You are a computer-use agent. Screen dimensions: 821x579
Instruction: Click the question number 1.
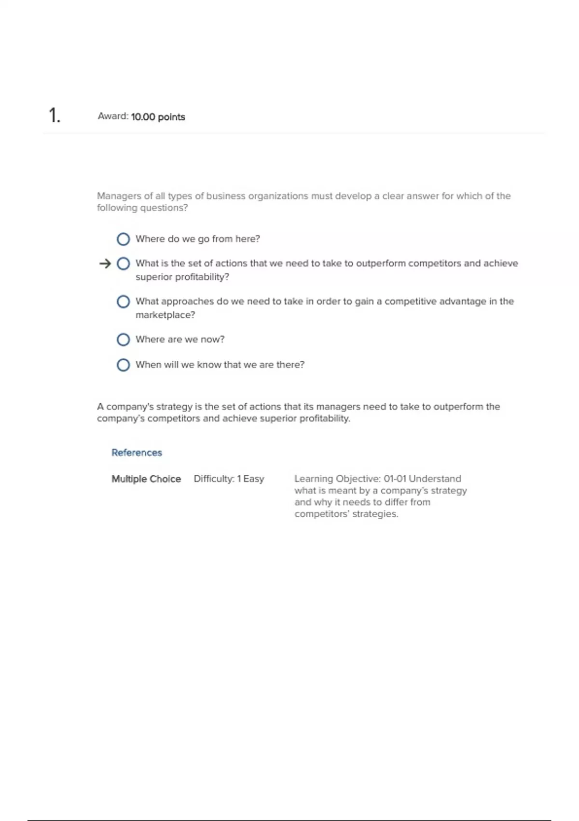(x=54, y=116)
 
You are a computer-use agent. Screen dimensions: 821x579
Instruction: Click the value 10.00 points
(x=158, y=117)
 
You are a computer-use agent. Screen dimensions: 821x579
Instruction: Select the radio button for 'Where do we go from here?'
(x=124, y=239)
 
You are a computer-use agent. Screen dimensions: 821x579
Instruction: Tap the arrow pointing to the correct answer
(x=105, y=264)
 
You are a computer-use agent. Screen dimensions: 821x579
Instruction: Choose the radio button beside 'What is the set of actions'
(x=124, y=264)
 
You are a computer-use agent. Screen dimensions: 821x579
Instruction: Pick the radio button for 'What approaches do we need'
(x=124, y=302)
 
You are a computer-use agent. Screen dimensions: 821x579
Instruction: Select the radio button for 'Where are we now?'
(x=124, y=340)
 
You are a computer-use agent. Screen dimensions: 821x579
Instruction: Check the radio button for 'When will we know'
(x=124, y=365)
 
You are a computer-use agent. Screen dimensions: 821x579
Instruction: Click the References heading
(x=137, y=453)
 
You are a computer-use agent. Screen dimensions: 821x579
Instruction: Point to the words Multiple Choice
(x=146, y=479)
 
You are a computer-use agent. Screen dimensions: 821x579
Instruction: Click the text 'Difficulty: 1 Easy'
(x=229, y=479)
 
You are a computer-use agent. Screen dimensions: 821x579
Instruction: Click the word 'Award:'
(x=113, y=116)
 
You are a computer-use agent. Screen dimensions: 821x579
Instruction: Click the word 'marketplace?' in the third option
(x=165, y=315)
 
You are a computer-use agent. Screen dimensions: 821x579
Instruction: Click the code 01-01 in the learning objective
(x=395, y=479)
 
